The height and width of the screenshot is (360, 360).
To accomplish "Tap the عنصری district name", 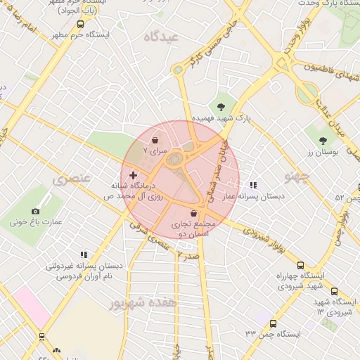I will (72, 179).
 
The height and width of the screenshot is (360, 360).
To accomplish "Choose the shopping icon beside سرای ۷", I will (154, 141).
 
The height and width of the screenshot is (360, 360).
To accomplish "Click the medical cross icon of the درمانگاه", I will (133, 174).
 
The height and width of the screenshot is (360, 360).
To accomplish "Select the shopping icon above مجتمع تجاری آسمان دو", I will (193, 212).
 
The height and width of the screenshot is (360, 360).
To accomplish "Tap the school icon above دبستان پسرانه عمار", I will (252, 185).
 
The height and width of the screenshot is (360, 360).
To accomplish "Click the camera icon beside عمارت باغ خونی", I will (36, 211).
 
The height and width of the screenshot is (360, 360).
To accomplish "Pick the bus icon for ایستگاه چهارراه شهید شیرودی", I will (301, 266).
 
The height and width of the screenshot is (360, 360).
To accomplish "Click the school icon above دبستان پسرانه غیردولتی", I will (84, 255).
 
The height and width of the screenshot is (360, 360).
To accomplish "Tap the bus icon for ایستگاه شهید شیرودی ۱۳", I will (333, 290).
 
